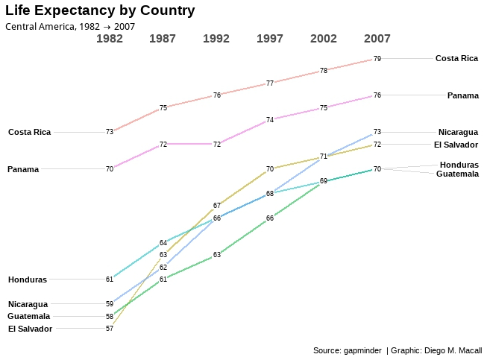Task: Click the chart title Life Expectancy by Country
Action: [x=100, y=11]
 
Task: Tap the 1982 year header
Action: [x=110, y=39]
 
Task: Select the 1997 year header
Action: [x=270, y=39]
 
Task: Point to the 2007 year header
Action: [x=377, y=39]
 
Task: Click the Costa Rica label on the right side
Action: [x=456, y=58]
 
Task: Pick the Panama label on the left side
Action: [x=23, y=169]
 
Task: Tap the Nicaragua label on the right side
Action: [x=458, y=132]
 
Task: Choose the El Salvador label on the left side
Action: [x=30, y=329]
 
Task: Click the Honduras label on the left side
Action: [x=28, y=280]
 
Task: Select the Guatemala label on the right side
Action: [x=457, y=174]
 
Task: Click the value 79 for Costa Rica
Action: [x=377, y=58]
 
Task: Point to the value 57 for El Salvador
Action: [x=110, y=329]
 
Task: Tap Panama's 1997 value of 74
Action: [x=270, y=119]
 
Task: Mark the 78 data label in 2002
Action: [x=324, y=71]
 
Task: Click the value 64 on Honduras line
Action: [x=163, y=243]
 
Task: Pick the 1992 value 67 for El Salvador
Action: [x=216, y=205]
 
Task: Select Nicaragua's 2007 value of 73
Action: [x=377, y=132]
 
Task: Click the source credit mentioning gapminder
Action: [x=398, y=350]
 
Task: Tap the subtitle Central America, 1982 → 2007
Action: [x=70, y=26]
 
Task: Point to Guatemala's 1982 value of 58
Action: [x=110, y=316]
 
